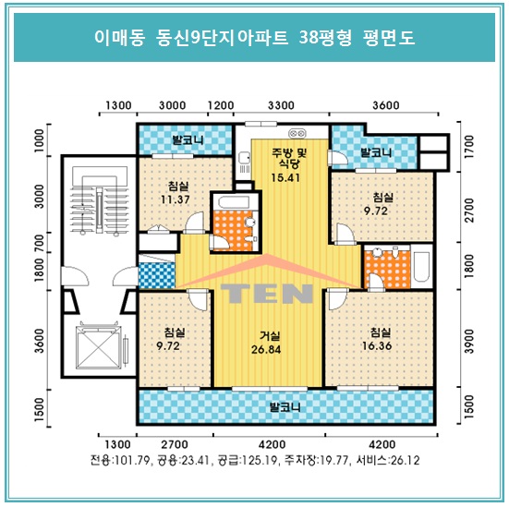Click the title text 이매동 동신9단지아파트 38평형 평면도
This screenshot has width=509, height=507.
coord(254,38)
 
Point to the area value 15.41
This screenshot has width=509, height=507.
coord(286,177)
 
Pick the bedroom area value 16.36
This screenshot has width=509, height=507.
coord(380,346)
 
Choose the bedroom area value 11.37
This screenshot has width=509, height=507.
coord(175,199)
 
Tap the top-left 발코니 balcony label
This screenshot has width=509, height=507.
coord(188,140)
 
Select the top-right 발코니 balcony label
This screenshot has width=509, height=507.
coord(377,151)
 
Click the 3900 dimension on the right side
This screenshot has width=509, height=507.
coord(468,344)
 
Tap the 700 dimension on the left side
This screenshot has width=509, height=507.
coord(39,245)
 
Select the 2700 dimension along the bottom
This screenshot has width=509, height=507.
coord(175,443)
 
